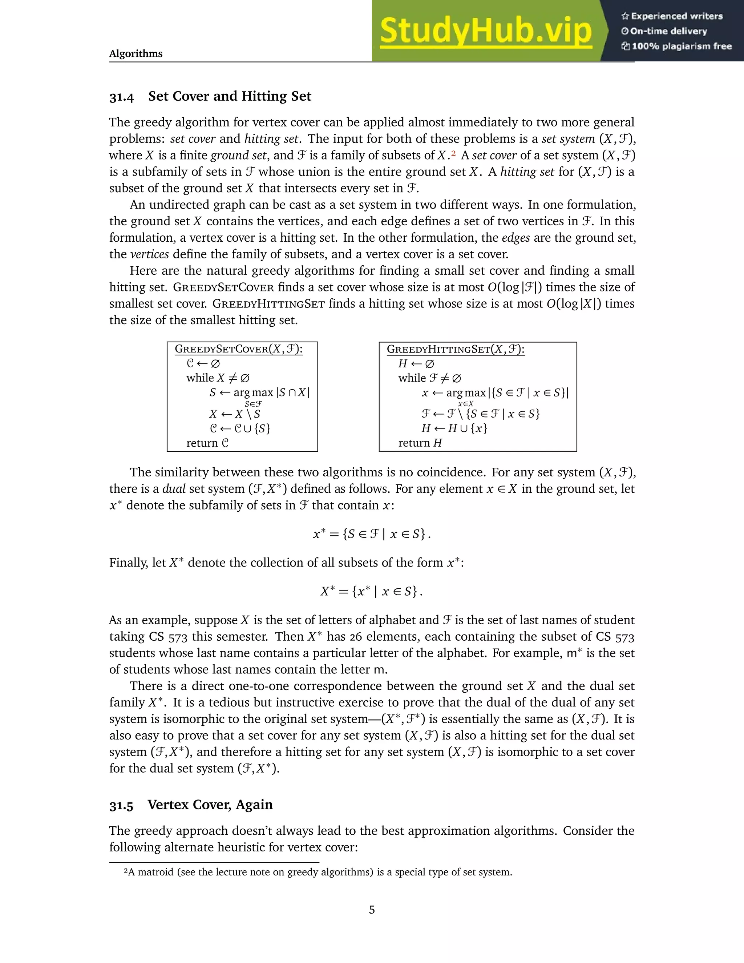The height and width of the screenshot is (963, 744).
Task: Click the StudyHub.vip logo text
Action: point(485,31)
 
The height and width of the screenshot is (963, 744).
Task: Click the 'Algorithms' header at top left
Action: point(136,54)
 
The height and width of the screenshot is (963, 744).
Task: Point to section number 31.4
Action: point(121,97)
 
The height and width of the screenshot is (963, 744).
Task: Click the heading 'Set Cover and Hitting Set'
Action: point(230,96)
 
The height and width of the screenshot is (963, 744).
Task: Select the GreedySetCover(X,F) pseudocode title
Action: point(238,349)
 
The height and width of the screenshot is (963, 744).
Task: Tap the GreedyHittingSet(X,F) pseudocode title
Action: point(455,349)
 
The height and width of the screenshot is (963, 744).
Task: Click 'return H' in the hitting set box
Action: point(420,443)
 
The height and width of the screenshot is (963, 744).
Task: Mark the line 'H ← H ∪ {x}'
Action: point(454,428)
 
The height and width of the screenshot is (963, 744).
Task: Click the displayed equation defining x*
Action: point(372,534)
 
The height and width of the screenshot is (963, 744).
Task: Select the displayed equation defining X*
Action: point(372,591)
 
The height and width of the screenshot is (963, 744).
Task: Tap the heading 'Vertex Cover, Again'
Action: point(210,805)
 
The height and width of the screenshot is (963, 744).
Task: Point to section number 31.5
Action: point(121,806)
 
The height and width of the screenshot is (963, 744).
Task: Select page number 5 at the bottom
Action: point(372,910)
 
